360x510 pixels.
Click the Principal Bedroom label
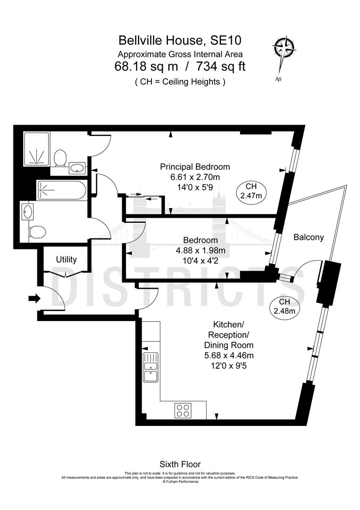tap(195, 167)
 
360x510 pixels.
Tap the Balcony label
tap(309, 238)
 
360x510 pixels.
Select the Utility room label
tap(66, 260)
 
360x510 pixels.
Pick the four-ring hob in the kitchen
tap(184, 410)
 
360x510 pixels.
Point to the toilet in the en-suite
tap(59, 158)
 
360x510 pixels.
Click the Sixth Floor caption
tap(180, 465)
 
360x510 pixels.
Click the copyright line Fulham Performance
tap(180, 482)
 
